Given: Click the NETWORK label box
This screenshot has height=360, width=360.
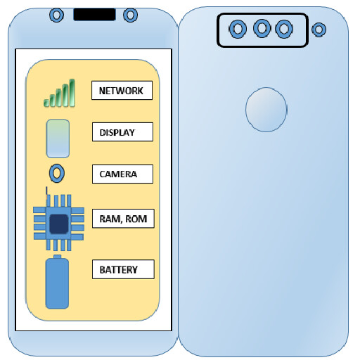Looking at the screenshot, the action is pos(122,90).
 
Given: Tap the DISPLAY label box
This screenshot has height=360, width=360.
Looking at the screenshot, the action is pos(122,131).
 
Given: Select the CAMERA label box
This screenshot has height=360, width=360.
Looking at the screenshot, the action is pos(122,174).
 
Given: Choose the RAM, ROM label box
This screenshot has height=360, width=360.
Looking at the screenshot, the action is pos(123,219).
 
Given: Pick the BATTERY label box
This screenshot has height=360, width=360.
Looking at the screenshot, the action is pos(123,269).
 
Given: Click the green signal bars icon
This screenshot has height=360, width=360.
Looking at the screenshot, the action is pos(60,93).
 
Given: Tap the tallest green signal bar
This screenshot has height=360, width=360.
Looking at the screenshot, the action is pos(72,93).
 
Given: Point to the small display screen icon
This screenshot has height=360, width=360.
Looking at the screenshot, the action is pos(58,139).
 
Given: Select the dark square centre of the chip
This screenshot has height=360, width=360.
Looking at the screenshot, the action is pos(59,224).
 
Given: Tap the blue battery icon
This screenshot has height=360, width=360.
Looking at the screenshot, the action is pos(57,282).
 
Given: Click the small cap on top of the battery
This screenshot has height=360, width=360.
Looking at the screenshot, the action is pos(57,257).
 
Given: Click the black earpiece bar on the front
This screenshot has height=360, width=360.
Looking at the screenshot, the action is pos(94,15).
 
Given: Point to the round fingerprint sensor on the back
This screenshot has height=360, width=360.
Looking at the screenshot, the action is pos(266,110).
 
